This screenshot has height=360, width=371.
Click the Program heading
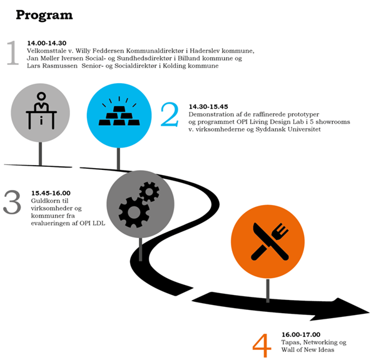tap(44, 16)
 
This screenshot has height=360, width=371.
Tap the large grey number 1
tap(13, 52)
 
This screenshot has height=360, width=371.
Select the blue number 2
tap(170, 114)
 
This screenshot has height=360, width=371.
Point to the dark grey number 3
tap(12, 202)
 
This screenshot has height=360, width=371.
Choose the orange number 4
tap(262, 346)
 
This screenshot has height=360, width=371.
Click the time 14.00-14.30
tap(47, 43)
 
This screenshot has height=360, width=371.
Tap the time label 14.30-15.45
tap(208, 107)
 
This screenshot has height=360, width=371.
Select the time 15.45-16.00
tap(51, 193)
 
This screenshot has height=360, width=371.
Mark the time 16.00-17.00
tap(301, 334)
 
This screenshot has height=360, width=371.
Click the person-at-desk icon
tap(41, 111)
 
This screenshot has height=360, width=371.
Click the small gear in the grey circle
tap(149, 192)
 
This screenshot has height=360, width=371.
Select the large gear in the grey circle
tap(134, 212)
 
